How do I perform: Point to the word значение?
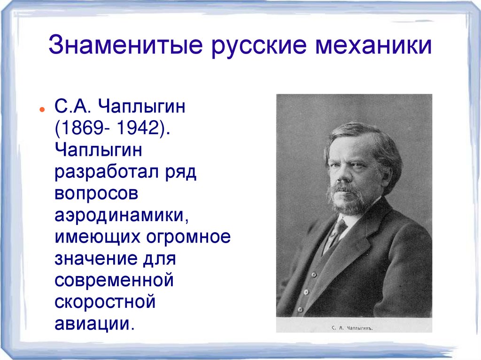93,259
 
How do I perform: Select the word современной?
115,281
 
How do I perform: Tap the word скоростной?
105,302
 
